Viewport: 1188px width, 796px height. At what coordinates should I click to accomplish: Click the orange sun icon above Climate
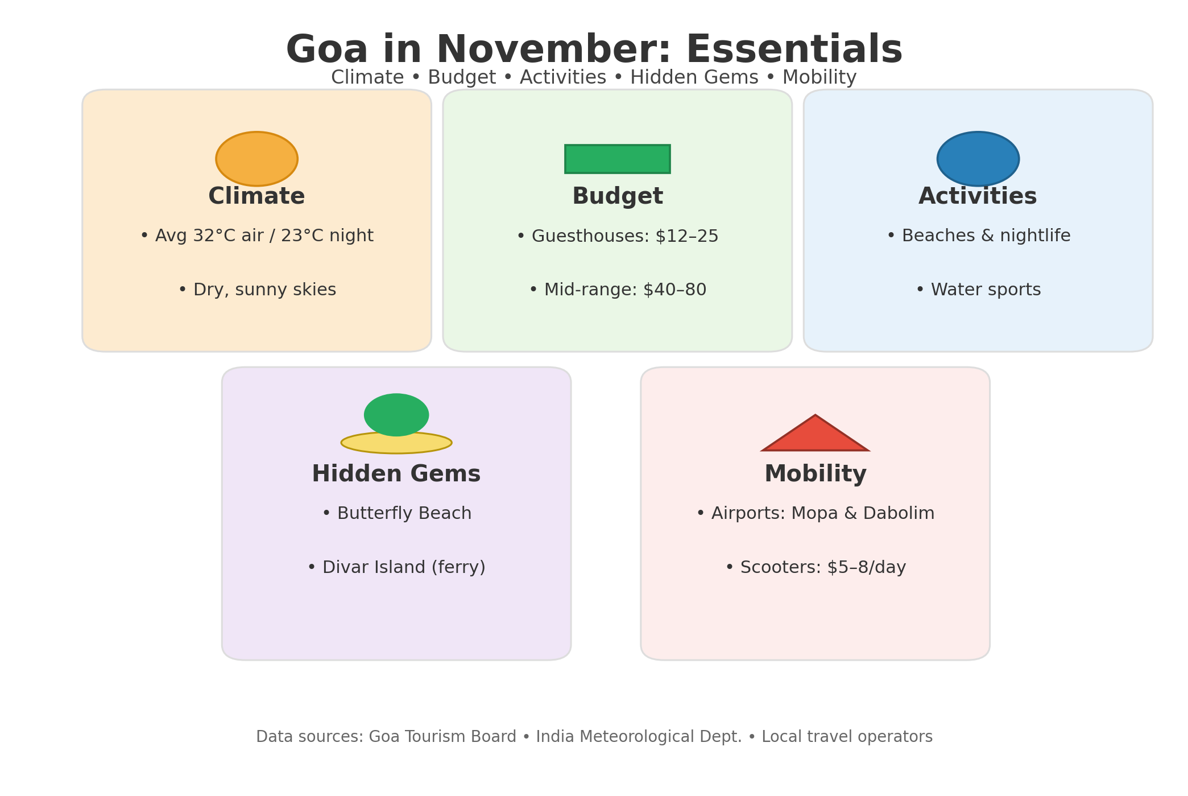[x=256, y=159]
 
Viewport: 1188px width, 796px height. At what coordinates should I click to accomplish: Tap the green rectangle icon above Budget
[x=617, y=159]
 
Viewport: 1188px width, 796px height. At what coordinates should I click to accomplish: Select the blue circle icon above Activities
[x=978, y=159]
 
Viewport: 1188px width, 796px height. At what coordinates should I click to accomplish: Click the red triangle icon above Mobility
[x=815, y=433]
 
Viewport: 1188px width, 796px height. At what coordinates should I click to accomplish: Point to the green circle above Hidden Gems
[x=396, y=415]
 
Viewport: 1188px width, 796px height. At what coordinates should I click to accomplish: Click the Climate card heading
[x=256, y=196]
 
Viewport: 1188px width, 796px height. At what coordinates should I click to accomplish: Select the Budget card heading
[x=618, y=197]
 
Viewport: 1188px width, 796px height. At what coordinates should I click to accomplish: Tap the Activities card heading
[x=978, y=196]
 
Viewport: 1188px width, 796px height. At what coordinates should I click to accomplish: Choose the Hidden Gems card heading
[x=396, y=474]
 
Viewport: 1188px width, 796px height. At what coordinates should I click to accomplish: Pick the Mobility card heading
[x=816, y=475]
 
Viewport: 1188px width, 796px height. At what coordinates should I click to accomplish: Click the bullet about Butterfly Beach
[x=396, y=513]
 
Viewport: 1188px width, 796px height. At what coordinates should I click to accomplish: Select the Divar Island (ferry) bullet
[x=396, y=567]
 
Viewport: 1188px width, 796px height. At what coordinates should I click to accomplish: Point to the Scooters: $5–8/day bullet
[x=816, y=567]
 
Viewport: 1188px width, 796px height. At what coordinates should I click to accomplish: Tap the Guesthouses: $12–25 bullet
[x=618, y=236]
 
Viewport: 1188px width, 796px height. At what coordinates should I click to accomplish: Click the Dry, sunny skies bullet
[x=257, y=290]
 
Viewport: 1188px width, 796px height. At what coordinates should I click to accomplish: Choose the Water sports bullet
[x=978, y=290]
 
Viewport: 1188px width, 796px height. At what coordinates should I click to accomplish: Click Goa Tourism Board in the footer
[x=442, y=737]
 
